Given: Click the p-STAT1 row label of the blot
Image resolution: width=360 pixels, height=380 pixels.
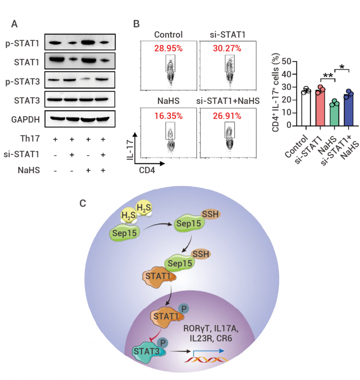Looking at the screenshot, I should tap(22, 43).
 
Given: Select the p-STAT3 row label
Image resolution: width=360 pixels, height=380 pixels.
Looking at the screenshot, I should tap(22, 81).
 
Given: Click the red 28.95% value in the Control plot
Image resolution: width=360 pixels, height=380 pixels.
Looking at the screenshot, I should tap(168, 48).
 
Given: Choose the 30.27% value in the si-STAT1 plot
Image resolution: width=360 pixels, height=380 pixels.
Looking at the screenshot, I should tap(227, 48).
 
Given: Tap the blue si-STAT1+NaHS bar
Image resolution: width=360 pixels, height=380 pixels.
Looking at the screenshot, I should tap(348, 110).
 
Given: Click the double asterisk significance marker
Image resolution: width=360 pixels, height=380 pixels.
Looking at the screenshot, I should tap(327, 76).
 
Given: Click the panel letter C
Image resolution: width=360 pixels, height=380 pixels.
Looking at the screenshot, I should tap(83, 203).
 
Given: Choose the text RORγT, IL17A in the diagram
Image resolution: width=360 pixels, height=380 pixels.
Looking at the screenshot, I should tap(210, 329).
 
